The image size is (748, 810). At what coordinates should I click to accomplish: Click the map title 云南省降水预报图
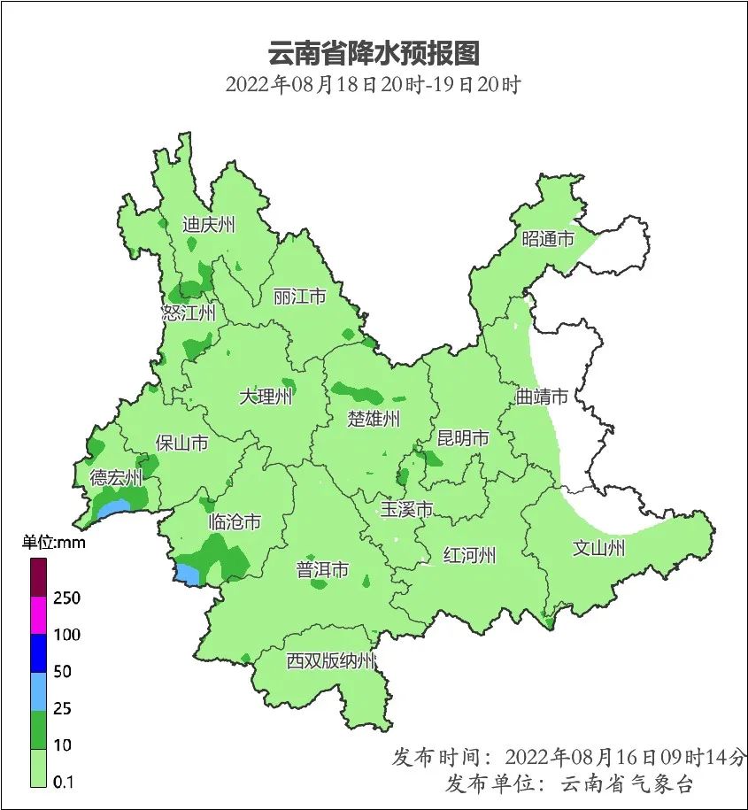pyautogui.click(x=373, y=53)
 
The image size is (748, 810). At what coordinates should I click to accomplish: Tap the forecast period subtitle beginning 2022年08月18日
pyautogui.click(x=373, y=86)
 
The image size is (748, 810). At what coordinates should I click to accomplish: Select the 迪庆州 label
pyautogui.click(x=209, y=225)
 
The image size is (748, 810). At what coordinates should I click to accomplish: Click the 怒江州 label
pyautogui.click(x=189, y=312)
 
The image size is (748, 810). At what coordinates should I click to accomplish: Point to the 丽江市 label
pyautogui.click(x=300, y=296)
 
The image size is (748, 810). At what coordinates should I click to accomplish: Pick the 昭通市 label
pyautogui.click(x=548, y=239)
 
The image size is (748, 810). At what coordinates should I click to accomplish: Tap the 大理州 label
pyautogui.click(x=266, y=397)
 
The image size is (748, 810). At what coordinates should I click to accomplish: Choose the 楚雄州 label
pyautogui.click(x=375, y=418)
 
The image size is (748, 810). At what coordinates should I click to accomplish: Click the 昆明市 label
pyautogui.click(x=463, y=438)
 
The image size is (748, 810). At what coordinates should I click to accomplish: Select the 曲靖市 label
pyautogui.click(x=542, y=397)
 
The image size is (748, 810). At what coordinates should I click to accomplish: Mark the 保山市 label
pyautogui.click(x=181, y=443)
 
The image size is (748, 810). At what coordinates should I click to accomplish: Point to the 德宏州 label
pyautogui.click(x=116, y=479)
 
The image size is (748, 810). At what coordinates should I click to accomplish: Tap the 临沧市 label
pyautogui.click(x=235, y=522)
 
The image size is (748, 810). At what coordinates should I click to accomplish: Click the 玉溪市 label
pyautogui.click(x=406, y=509)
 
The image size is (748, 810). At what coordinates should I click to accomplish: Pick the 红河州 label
pyautogui.click(x=469, y=556)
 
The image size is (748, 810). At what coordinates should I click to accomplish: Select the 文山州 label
pyautogui.click(x=599, y=549)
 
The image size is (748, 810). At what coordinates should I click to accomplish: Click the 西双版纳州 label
pyautogui.click(x=330, y=660)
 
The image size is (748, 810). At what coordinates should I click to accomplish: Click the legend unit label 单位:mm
pyautogui.click(x=53, y=543)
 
